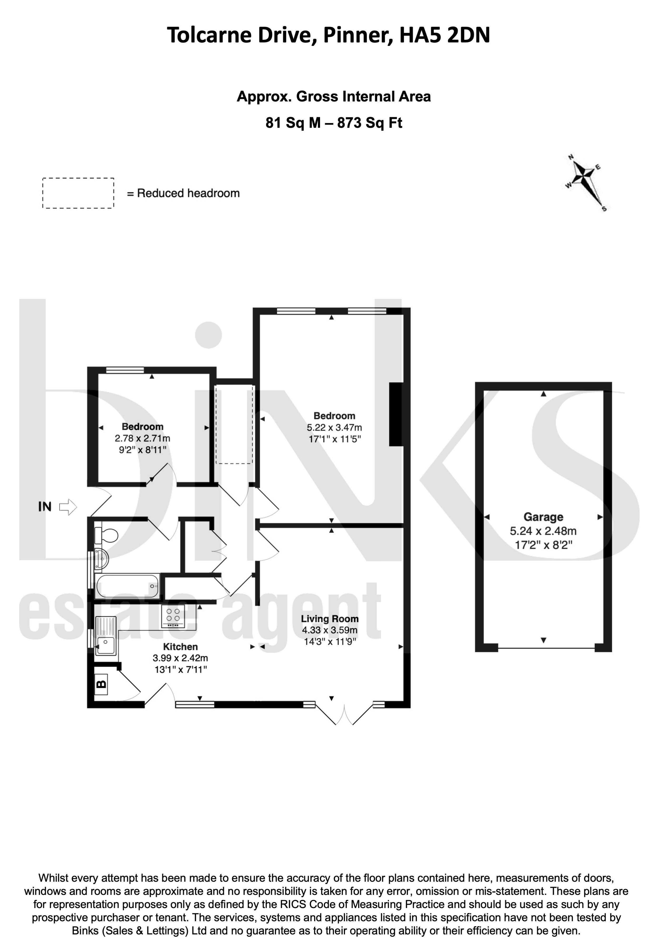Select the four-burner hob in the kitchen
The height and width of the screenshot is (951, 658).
(x=173, y=618)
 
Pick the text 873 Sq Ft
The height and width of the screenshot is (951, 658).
(x=370, y=123)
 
